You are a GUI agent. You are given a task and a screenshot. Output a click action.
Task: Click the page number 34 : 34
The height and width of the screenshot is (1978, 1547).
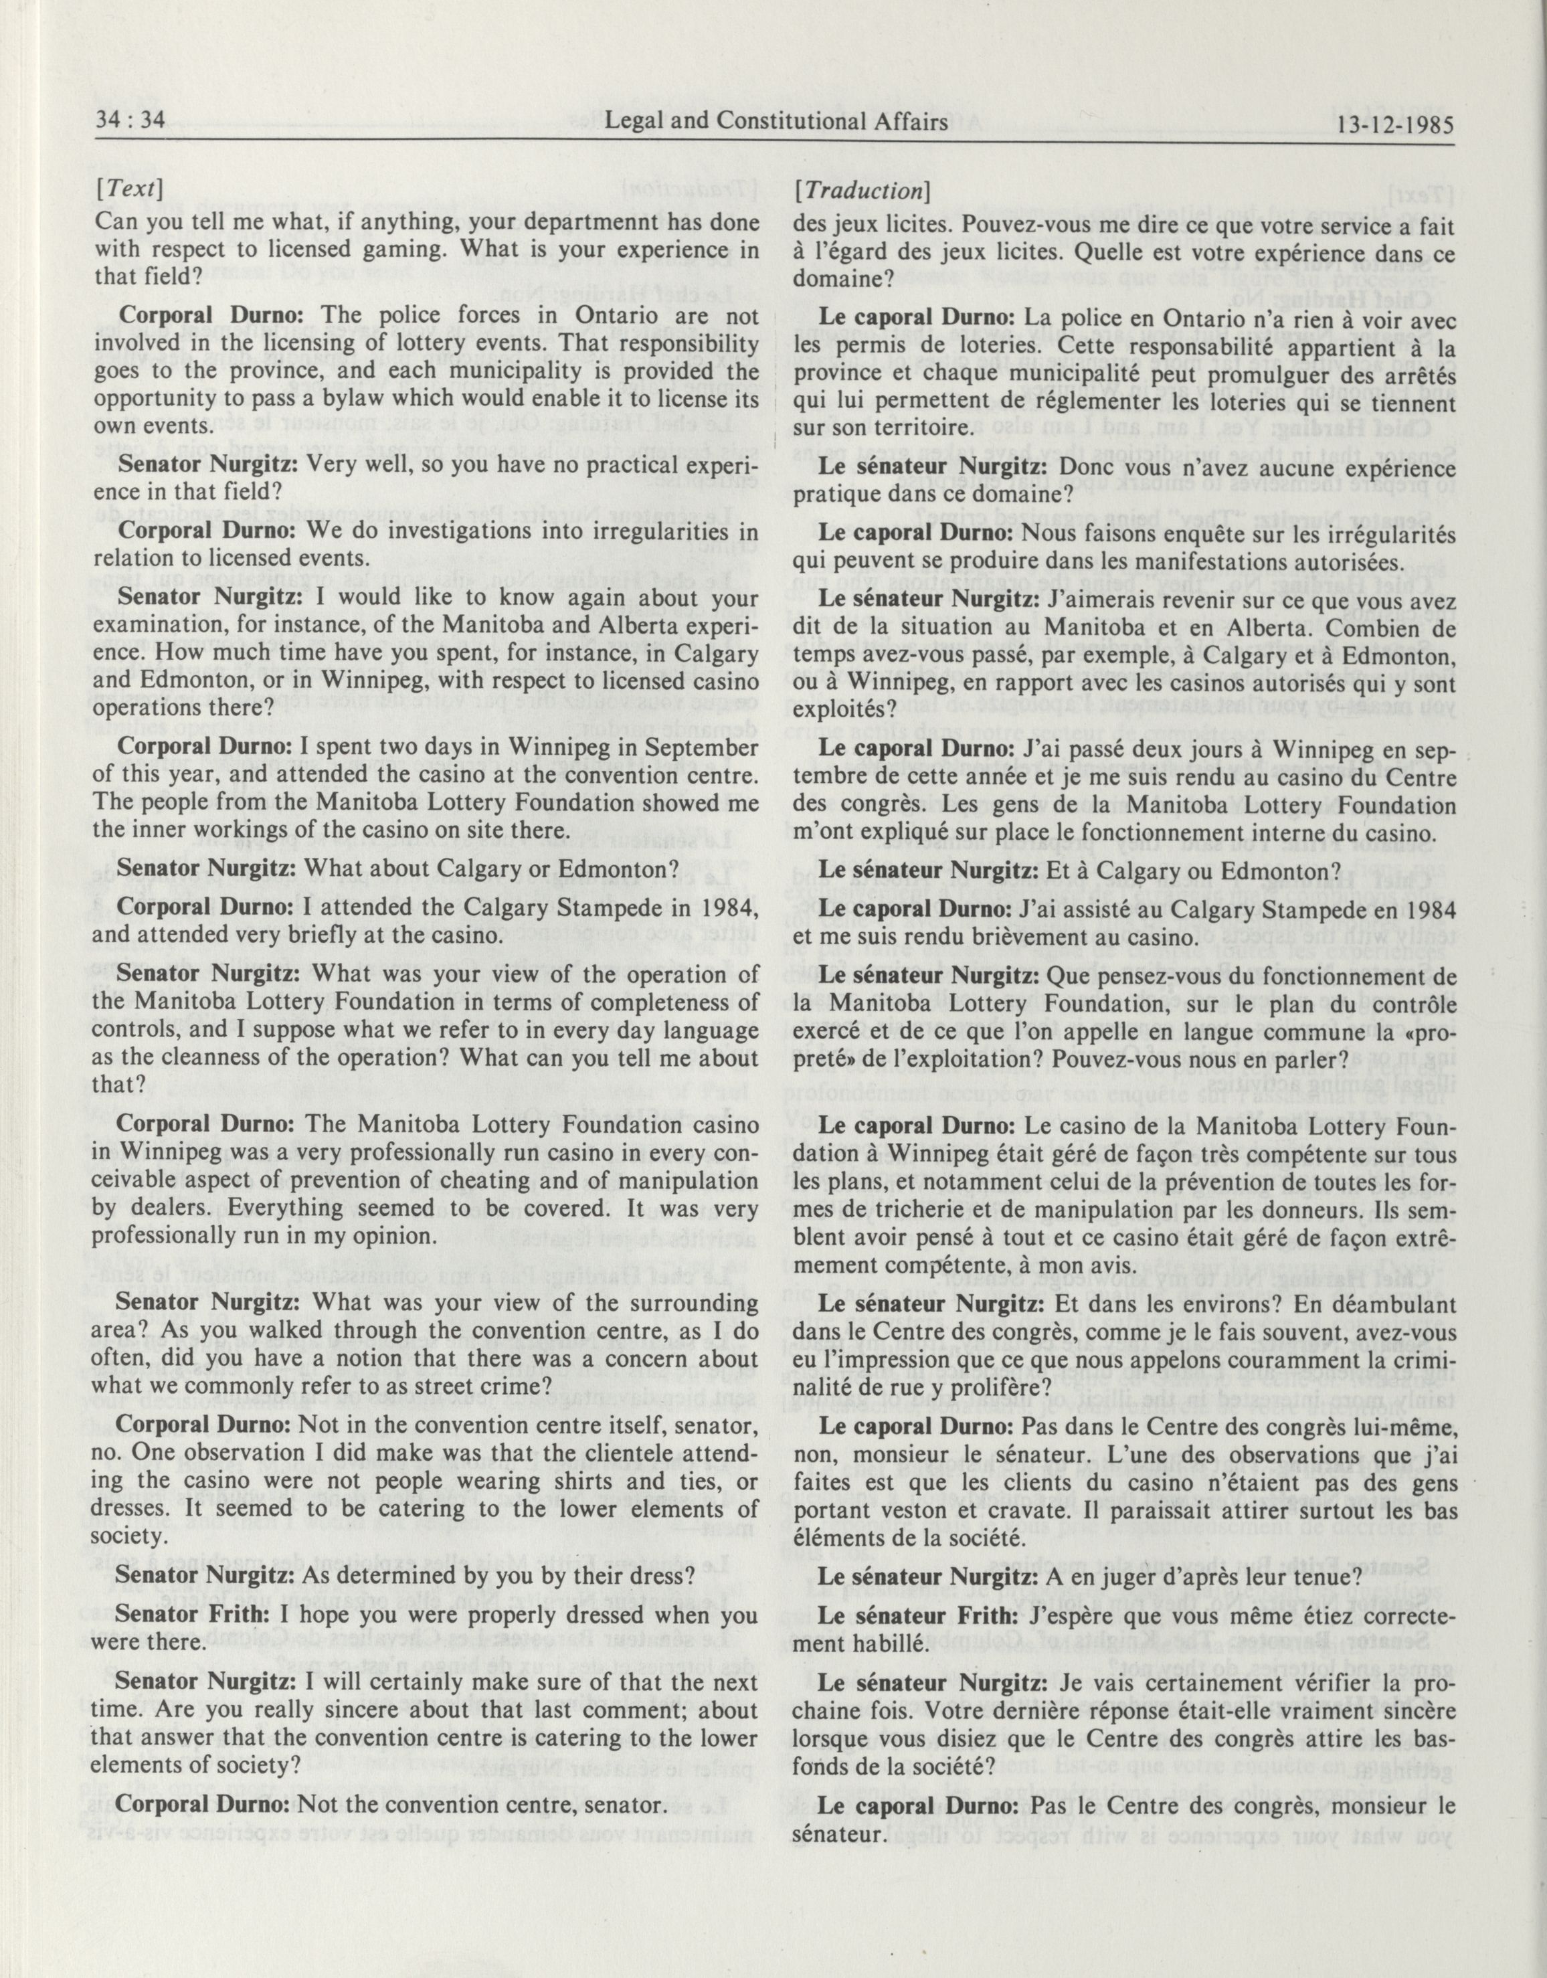(x=130, y=122)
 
